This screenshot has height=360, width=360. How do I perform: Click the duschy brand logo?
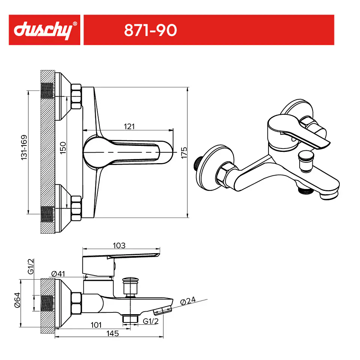(43, 30)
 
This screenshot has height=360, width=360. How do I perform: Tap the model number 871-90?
(150, 30)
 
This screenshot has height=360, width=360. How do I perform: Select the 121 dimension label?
(129, 126)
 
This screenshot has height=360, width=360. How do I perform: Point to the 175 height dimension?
(184, 153)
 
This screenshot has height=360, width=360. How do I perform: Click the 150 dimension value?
(63, 148)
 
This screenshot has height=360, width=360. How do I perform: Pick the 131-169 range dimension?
(24, 147)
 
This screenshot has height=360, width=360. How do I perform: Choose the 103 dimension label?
(119, 245)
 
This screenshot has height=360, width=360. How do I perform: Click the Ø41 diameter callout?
(58, 273)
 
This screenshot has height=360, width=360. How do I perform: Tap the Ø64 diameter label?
(18, 300)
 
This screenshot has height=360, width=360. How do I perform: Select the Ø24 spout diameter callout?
(188, 300)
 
